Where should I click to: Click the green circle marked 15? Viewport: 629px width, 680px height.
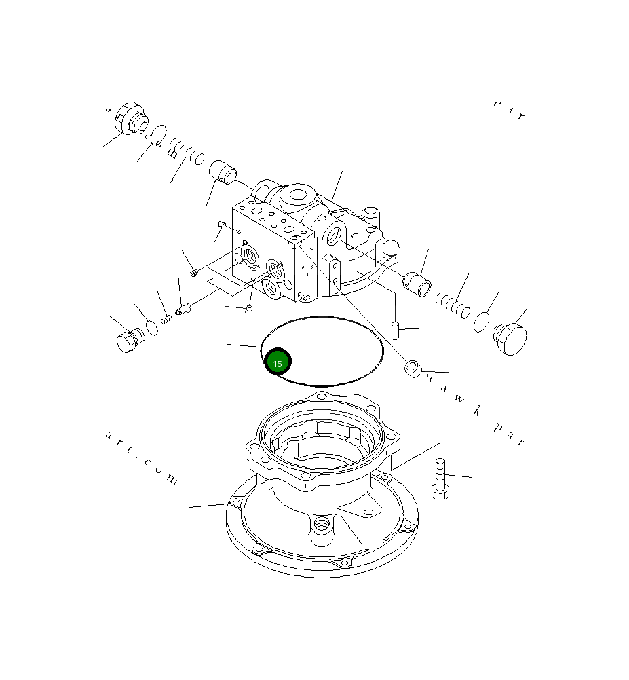click(x=278, y=362)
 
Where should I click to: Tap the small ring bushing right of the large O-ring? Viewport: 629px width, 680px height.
click(x=413, y=369)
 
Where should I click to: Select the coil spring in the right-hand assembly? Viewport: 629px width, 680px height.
click(x=453, y=303)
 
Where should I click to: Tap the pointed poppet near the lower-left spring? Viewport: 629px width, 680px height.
click(x=183, y=310)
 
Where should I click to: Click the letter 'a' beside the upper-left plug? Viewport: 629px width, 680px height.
click(x=107, y=109)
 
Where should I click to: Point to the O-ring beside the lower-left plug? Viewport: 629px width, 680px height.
click(x=152, y=327)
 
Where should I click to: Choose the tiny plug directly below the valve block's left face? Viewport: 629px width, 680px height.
click(x=248, y=311)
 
